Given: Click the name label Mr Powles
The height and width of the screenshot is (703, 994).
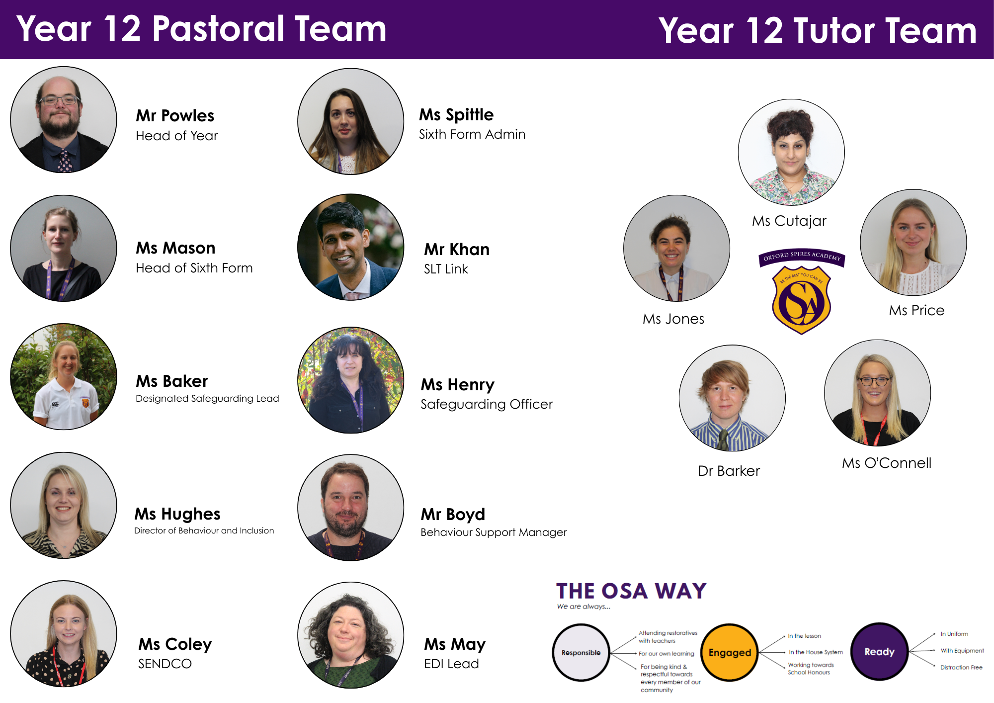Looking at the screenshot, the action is pos(175,116).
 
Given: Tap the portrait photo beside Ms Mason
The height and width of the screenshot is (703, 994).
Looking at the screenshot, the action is pos(64,248).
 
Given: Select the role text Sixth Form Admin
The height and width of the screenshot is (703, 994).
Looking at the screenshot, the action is pos(472,134).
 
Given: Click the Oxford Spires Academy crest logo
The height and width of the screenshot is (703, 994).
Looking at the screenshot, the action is pos(802,291).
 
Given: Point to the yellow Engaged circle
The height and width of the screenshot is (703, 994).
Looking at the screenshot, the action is pos(730,652).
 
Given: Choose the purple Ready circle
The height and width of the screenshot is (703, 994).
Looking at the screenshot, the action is pos(879,651).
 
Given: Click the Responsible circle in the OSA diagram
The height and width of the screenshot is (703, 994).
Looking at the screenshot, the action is pos(581,652).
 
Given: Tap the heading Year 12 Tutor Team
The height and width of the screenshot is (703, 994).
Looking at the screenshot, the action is pos(818,30).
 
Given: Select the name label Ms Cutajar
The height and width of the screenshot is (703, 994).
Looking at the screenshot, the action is pos(789,221).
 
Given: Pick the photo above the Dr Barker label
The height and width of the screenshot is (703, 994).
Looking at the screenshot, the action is pos(732,398).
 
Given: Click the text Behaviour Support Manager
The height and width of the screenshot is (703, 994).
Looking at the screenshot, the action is pos(494,532).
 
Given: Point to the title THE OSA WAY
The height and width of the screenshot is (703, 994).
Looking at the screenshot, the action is pos(631,591).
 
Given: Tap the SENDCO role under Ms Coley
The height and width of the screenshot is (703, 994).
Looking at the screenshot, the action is pos(165,664).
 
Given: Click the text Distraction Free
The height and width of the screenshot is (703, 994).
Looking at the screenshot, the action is pos(961,667).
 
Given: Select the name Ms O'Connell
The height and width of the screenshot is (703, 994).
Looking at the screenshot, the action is pos(887,463).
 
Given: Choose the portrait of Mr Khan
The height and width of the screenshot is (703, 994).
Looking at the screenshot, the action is pos(351,247).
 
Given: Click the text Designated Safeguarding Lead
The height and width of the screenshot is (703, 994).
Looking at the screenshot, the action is pos(207,399).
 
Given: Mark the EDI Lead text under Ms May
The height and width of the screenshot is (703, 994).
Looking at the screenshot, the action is pos(451,664).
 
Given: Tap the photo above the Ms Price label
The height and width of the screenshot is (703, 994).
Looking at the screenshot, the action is pos(913,243).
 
